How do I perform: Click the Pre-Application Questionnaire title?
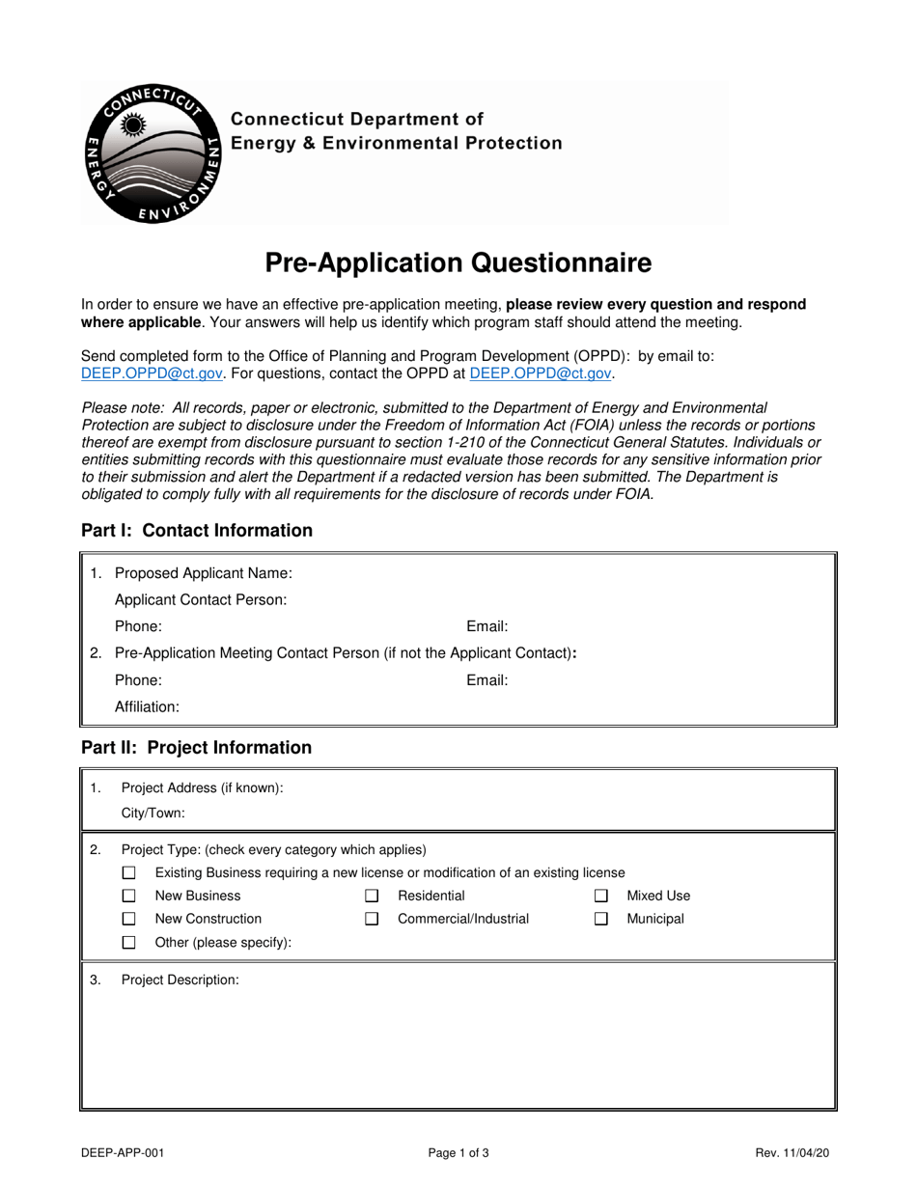tap(458, 262)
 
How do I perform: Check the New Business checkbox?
tap(129, 896)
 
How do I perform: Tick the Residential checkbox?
tap(372, 896)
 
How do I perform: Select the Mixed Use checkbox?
tap(600, 896)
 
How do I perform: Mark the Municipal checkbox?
tap(600, 920)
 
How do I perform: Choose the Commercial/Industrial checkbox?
tap(372, 920)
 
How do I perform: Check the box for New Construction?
tap(129, 920)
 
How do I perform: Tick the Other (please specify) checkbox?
tap(129, 943)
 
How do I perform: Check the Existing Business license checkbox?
tap(129, 872)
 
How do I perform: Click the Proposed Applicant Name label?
tap(203, 573)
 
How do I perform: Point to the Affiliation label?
tap(147, 706)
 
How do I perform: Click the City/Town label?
tap(153, 813)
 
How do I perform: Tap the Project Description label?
tap(180, 980)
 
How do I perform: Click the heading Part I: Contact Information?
tap(197, 531)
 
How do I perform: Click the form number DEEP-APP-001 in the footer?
tap(122, 1152)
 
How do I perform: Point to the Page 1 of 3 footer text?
tap(458, 1152)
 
